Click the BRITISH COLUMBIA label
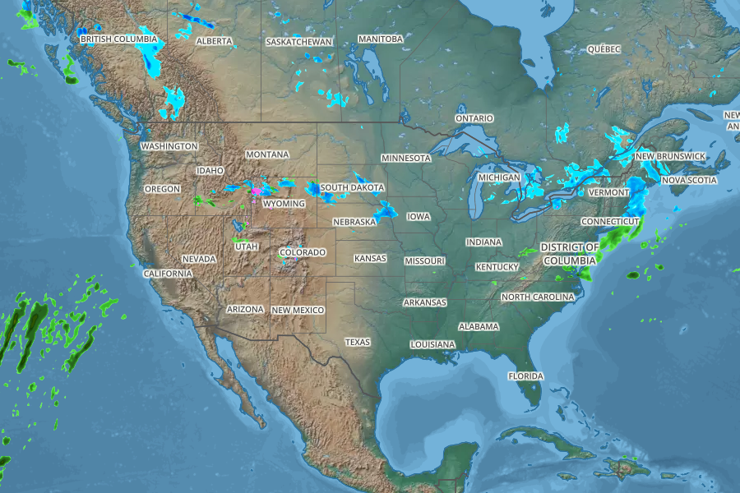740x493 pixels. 118,39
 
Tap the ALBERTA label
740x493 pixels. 214,41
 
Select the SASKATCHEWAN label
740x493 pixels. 299,41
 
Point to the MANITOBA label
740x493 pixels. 381,39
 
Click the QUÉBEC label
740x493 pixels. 604,49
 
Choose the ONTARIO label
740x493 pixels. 474,118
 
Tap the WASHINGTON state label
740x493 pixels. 169,146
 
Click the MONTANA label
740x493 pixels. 267,154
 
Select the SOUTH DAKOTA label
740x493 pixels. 352,187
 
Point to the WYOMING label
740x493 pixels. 284,204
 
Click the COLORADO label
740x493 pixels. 303,252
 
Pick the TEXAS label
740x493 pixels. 358,342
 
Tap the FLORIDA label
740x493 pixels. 525,376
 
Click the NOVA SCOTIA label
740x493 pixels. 689,180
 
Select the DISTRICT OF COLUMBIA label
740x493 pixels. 570,253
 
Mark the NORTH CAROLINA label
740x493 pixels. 538,297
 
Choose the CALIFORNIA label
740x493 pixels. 168,274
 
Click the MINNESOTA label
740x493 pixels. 406,158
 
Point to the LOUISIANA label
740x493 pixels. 432,344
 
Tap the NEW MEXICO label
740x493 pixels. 298,310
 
